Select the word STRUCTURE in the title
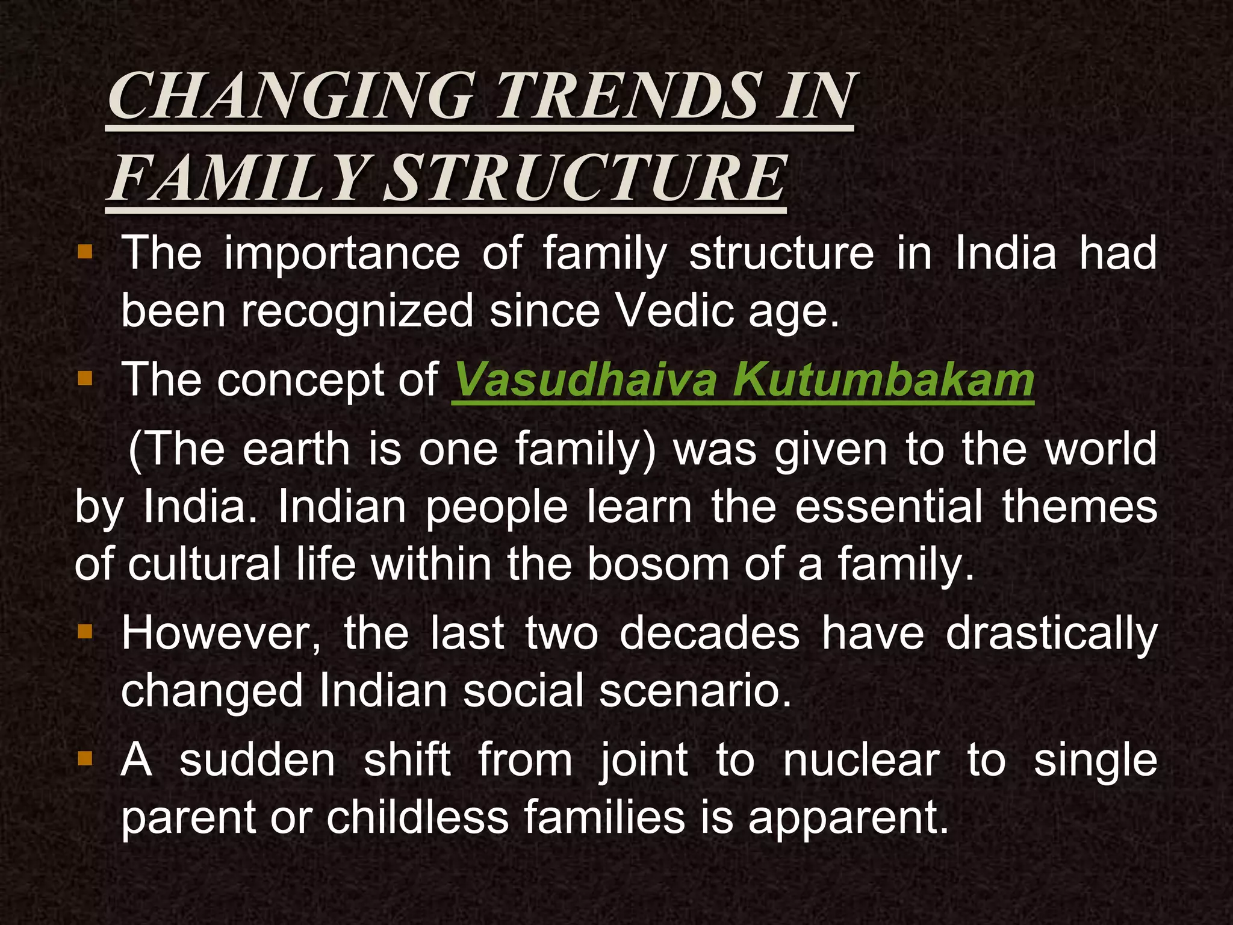(x=585, y=179)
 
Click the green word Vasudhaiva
(x=585, y=380)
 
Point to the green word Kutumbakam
(x=883, y=380)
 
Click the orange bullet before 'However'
(x=85, y=631)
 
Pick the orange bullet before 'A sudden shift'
(x=85, y=758)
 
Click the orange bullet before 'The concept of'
(x=85, y=378)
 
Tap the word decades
(x=709, y=634)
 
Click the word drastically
(x=1051, y=634)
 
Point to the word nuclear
(x=860, y=761)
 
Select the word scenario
(x=694, y=691)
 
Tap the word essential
(x=889, y=507)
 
